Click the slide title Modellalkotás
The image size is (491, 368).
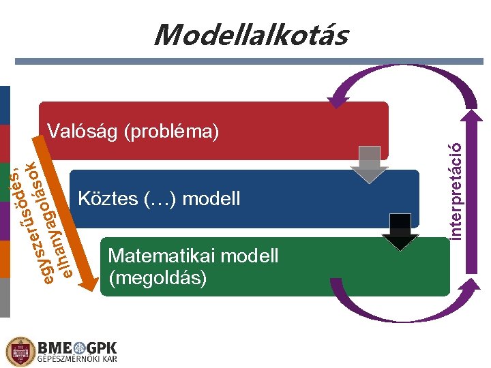click(250, 34)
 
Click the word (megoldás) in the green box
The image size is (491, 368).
click(157, 278)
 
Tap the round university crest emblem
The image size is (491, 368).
click(20, 351)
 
